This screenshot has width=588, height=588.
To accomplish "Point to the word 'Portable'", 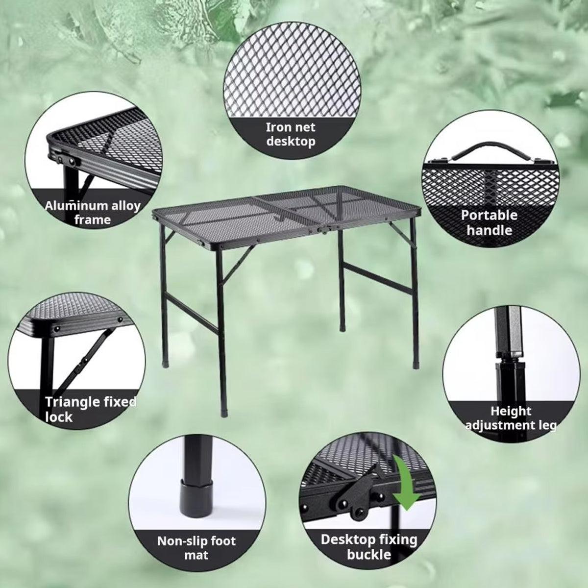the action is [489, 215].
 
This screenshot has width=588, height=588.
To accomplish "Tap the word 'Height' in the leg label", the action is [511, 411].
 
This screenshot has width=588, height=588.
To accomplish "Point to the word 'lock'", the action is [59, 417].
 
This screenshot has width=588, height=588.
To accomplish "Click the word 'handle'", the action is [489, 230].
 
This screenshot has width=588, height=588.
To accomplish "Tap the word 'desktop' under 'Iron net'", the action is [291, 141].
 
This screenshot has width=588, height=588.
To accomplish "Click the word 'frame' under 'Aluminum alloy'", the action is [93, 220].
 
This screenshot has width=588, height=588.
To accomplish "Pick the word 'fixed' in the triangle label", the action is [119, 402].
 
